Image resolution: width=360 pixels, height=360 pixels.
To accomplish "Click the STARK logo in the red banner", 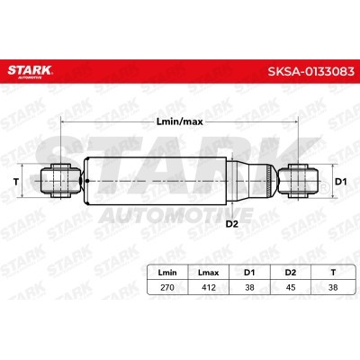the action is coord(30,71).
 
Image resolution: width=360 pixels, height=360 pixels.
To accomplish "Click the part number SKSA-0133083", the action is coord(310,72).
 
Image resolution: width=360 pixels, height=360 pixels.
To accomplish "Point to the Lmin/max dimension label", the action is coord(180,121).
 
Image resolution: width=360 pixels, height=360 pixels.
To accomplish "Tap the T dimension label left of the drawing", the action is coord(16,181).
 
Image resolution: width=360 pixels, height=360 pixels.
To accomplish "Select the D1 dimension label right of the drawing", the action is coord(340,182).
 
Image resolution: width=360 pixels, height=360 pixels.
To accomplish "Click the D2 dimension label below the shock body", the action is coord(231,224).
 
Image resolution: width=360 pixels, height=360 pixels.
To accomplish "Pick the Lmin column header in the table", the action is coord(167,273).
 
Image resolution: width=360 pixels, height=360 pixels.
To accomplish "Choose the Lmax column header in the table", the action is coord(209,273).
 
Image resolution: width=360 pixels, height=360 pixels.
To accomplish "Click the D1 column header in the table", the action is coord(249,273).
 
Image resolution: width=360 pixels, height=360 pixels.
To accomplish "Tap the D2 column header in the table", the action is coord(291,273).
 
